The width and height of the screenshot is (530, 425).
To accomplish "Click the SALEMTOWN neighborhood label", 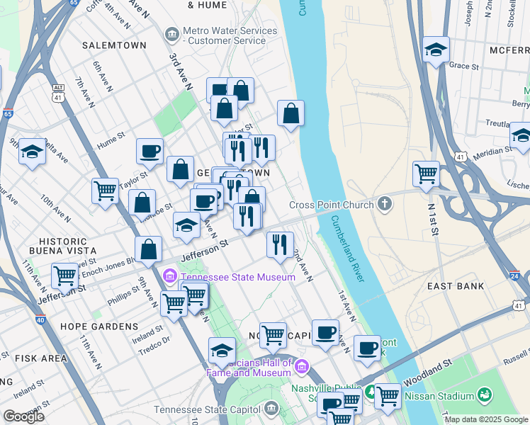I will pyautogui.click(x=114, y=45).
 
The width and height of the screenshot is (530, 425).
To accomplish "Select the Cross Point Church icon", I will pyautogui.click(x=385, y=205).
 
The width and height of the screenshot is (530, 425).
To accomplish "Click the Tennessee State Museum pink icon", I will pyautogui.click(x=170, y=276).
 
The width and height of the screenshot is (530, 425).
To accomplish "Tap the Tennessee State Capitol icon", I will pyautogui.click(x=271, y=409).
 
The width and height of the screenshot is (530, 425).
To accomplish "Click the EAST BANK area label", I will pyautogui.click(x=456, y=286).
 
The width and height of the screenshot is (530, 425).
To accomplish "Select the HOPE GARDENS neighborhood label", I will pyautogui.click(x=99, y=327).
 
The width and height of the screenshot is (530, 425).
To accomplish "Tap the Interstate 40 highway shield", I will pyautogui.click(x=40, y=319).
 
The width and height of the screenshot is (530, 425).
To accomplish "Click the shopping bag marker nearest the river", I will pyautogui.click(x=291, y=113).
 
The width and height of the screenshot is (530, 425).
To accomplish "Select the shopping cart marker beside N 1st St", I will pyautogui.click(x=426, y=174).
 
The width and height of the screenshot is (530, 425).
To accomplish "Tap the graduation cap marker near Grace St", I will pyautogui.click(x=436, y=50).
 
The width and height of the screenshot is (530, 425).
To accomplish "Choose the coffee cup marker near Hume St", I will pyautogui.click(x=150, y=151).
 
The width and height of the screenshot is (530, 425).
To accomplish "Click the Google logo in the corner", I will pyautogui.click(x=24, y=416).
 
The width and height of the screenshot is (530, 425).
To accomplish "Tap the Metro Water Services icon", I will pyautogui.click(x=171, y=34).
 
